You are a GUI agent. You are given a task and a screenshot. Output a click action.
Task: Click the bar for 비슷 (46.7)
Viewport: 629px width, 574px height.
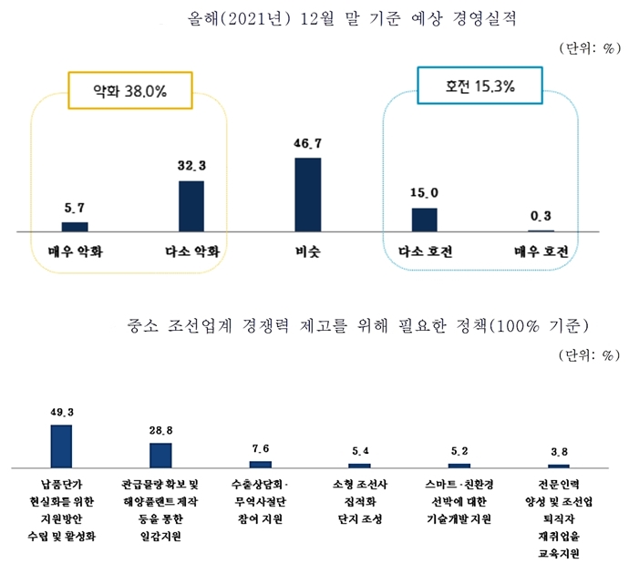click(x=307, y=195)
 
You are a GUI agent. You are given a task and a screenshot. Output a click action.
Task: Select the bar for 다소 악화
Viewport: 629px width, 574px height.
click(x=191, y=207)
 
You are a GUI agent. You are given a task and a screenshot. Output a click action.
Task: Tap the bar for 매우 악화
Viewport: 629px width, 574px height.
click(x=75, y=227)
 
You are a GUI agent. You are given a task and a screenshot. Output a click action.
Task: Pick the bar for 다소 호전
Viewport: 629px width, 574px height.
click(x=424, y=220)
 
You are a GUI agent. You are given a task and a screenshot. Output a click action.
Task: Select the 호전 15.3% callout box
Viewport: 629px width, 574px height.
click(x=479, y=87)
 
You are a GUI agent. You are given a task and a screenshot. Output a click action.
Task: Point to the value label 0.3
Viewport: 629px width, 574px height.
click(x=541, y=216)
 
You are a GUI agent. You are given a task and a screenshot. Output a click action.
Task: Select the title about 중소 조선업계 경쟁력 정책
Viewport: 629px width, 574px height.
click(x=356, y=325)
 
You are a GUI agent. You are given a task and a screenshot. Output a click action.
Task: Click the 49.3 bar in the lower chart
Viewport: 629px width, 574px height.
click(x=61, y=446)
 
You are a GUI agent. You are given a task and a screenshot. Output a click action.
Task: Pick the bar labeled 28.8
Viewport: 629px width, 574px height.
click(x=160, y=455)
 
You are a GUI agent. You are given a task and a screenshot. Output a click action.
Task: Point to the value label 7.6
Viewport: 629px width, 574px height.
click(x=261, y=447)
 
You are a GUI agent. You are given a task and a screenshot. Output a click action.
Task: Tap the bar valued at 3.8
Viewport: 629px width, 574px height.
click(x=559, y=465)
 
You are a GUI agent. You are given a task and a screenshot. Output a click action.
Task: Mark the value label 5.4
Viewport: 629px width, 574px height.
click(x=360, y=450)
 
